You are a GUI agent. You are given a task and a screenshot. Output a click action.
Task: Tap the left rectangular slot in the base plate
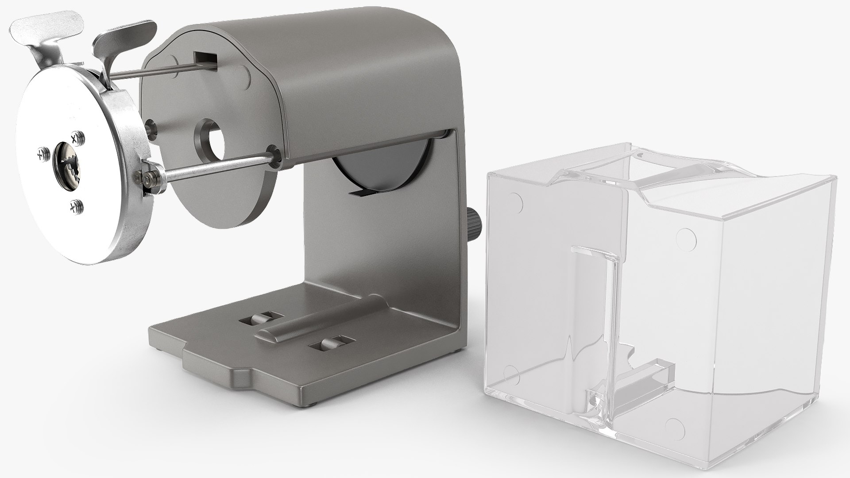click(x=260, y=318)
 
